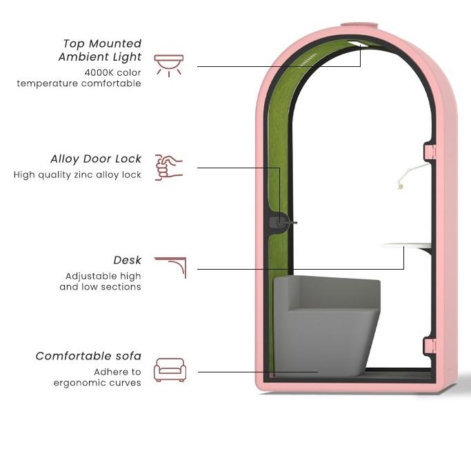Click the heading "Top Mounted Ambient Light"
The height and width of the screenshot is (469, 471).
pyautogui.click(x=101, y=50)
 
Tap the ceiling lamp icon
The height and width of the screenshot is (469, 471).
pyautogui.click(x=169, y=64)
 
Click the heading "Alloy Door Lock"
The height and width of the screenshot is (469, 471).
pyautogui.click(x=96, y=159)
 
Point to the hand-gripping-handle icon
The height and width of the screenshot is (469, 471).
pyautogui.click(x=169, y=168)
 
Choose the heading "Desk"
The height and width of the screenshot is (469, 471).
pyautogui.click(x=128, y=260)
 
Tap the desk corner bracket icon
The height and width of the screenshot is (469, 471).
pyautogui.click(x=171, y=267)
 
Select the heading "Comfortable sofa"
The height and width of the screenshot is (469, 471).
pyautogui.click(x=88, y=357)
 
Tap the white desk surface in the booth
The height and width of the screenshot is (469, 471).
pyautogui.click(x=406, y=245)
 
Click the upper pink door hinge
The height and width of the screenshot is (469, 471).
pyautogui.click(x=429, y=150)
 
